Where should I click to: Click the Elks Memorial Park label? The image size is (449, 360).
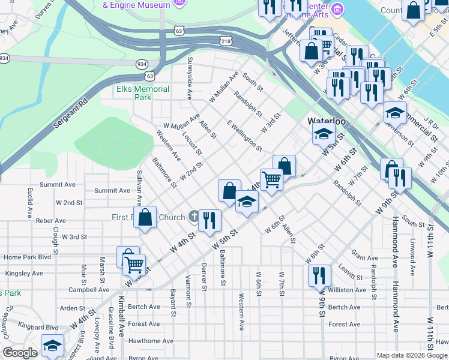pyautogui.click(x=143, y=93)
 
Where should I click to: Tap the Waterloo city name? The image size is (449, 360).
pyautogui.click(x=327, y=121)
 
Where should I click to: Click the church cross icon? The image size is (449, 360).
pyautogui.click(x=193, y=216)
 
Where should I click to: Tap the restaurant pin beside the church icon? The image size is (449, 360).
pyautogui.click(x=209, y=220)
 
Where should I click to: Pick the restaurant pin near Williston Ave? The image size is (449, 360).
pyautogui.click(x=319, y=275)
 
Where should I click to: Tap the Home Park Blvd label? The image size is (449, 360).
pyautogui.click(x=28, y=257)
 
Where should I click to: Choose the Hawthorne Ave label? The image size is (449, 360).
pyautogui.click(x=143, y=341)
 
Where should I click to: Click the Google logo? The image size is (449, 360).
pyautogui.click(x=20, y=353)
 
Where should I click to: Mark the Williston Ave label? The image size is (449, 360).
pyautogui.click(x=348, y=290)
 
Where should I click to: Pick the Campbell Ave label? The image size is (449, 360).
pyautogui.click(x=89, y=289)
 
